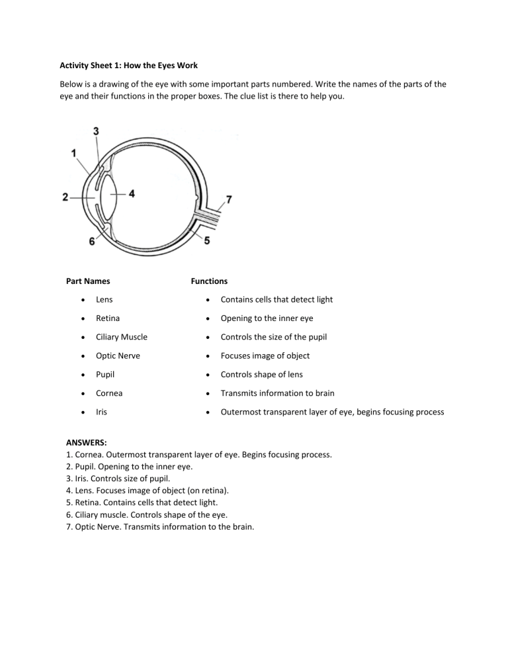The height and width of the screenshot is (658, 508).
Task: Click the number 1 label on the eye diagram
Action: point(74,153)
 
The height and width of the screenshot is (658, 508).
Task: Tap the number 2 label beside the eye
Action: point(65,197)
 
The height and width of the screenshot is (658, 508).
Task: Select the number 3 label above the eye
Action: point(97,131)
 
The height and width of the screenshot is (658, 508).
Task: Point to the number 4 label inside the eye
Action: point(132,194)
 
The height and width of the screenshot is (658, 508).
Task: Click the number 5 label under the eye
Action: point(207,241)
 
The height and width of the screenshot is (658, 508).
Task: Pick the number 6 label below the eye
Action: point(92,242)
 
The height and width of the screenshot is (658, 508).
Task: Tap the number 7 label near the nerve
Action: point(229,199)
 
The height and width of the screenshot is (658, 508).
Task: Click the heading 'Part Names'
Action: point(88,281)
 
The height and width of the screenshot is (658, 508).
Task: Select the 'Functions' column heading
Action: point(209,281)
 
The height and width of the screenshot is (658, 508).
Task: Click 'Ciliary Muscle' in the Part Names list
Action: point(121,337)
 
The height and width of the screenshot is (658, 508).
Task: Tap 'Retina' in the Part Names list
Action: point(107,318)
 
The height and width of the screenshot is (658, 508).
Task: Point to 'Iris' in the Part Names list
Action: point(103,411)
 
